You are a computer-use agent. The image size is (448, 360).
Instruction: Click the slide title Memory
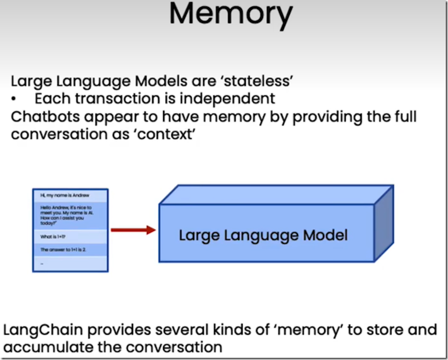(x=231, y=15)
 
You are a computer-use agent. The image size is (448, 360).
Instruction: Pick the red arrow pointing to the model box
(x=133, y=230)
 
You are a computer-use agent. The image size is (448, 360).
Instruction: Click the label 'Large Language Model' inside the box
(x=263, y=236)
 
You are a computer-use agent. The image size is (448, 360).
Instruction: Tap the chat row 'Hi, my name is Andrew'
(x=70, y=195)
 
